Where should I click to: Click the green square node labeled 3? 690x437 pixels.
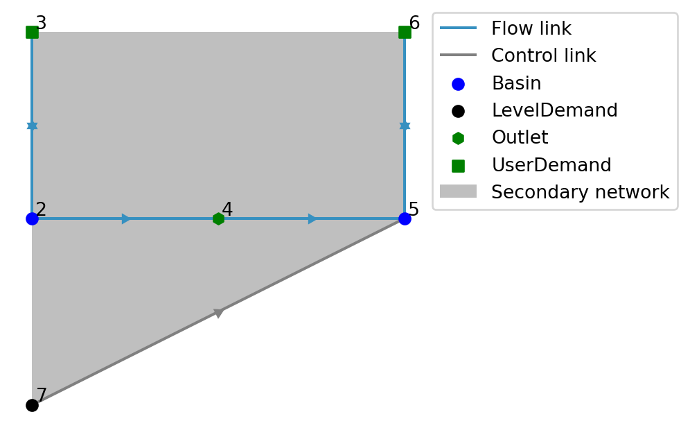32,32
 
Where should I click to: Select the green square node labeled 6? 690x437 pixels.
405,32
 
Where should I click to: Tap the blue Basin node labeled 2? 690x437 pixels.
32,218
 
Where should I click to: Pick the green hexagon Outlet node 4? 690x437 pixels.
218,218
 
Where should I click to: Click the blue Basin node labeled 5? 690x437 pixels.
405,218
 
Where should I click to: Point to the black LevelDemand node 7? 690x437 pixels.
32,405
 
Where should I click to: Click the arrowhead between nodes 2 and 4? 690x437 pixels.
126,218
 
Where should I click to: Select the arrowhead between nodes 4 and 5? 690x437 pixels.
312,218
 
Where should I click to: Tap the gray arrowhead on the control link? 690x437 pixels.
219,313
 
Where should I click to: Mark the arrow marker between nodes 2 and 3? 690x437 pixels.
32,126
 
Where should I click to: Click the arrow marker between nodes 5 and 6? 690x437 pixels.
405,126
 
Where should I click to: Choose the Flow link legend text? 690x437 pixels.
531,29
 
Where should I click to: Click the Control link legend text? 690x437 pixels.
543,56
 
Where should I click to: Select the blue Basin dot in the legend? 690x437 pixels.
458,84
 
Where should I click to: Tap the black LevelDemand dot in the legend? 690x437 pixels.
458,111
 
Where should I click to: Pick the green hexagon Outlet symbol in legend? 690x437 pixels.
458,138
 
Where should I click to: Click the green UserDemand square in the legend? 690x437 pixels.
458,166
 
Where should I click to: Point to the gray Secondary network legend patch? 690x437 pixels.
458,191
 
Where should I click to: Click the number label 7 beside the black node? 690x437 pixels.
42,396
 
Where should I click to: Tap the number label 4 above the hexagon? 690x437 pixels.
227,209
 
